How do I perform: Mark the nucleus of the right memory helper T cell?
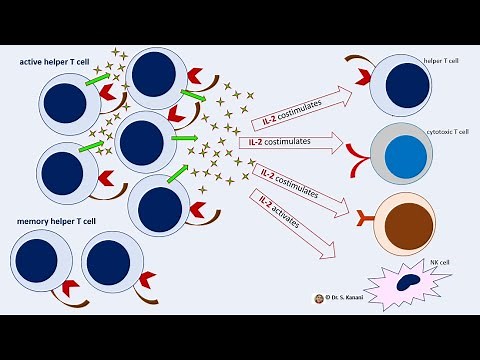coord(107,262)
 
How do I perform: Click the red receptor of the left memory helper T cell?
coord(71,289)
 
